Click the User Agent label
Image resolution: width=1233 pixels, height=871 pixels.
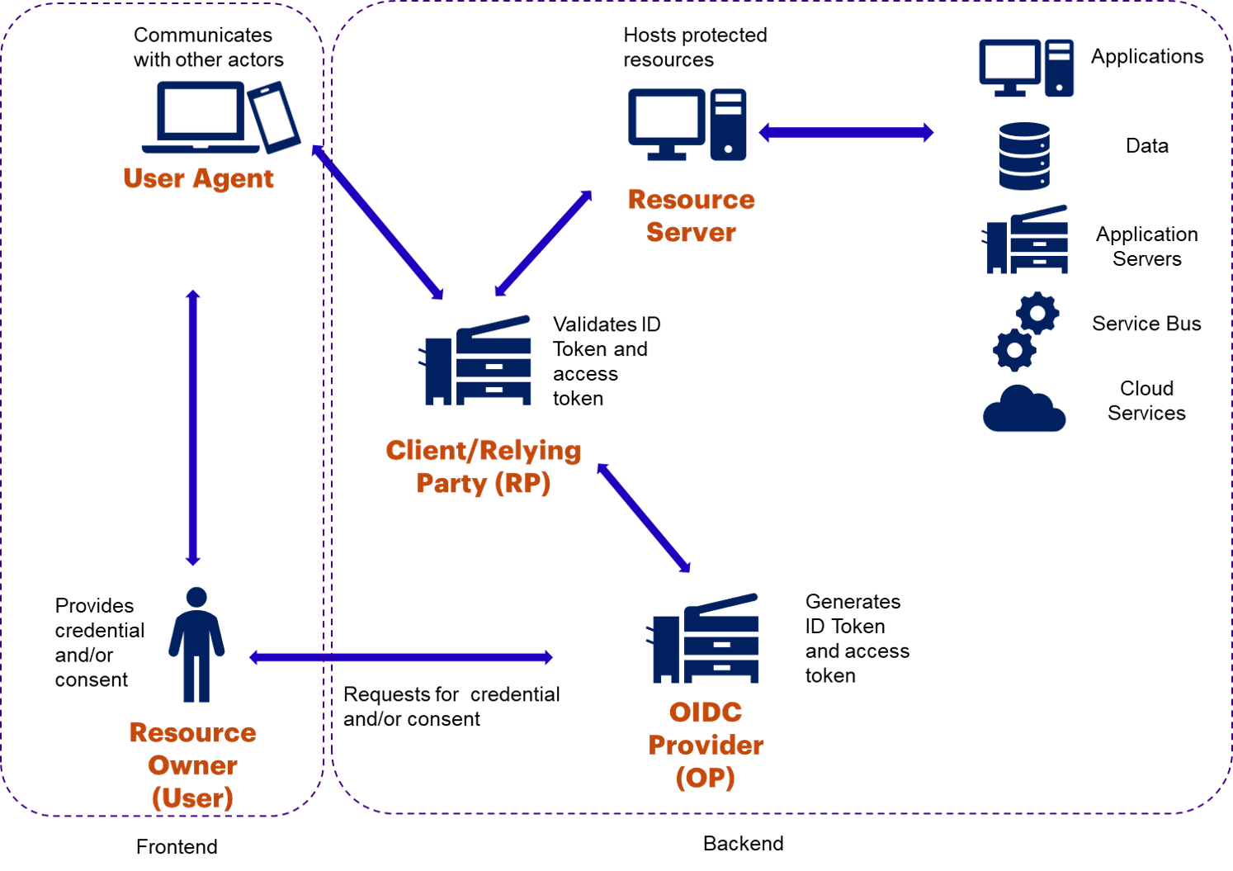(x=198, y=178)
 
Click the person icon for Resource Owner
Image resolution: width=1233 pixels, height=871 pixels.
(x=196, y=645)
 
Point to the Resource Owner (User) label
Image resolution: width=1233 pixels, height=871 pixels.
(x=192, y=765)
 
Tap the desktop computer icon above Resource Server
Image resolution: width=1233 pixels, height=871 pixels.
(x=687, y=124)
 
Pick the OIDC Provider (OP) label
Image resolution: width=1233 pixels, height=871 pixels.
(x=706, y=745)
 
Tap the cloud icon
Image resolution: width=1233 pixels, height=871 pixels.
(x=1024, y=409)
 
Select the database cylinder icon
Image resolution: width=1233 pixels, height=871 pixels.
(x=1024, y=156)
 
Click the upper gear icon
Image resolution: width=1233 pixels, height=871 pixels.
(x=1037, y=313)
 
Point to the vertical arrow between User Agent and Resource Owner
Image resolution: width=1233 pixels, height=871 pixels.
(x=193, y=428)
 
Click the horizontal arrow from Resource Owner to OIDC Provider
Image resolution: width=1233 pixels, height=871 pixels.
(x=401, y=657)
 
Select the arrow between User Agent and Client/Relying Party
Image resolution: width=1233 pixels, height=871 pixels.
(x=378, y=221)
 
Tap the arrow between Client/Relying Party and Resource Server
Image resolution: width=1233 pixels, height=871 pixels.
(x=543, y=243)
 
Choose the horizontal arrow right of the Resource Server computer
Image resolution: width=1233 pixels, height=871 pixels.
(x=846, y=132)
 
